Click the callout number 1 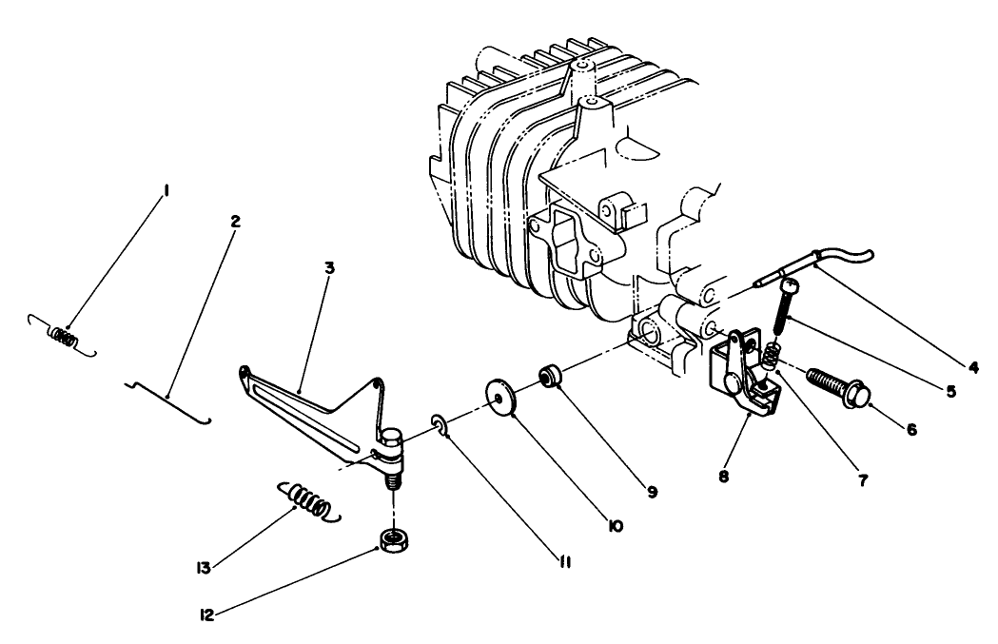coord(166,191)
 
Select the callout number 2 coord(235,221)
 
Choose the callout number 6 coord(911,429)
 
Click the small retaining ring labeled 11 coord(440,421)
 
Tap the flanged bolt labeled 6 coord(838,382)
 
